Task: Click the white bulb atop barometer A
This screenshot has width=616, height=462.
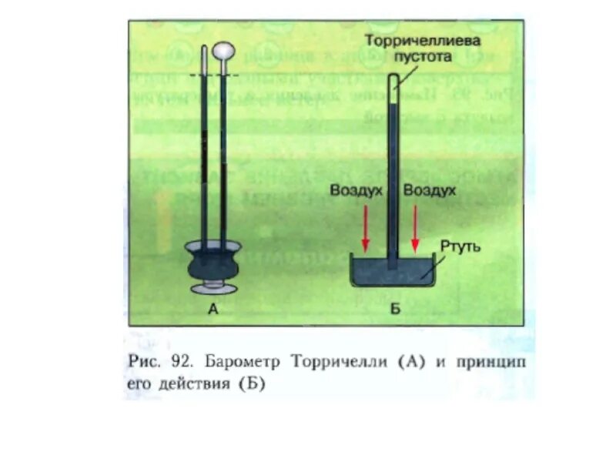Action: click(x=224, y=52)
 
